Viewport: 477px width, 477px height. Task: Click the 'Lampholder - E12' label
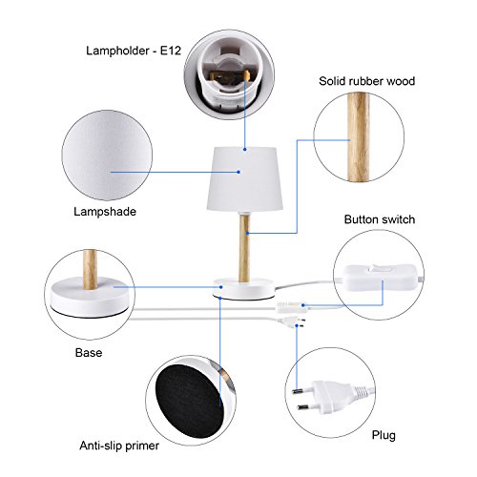[x=134, y=51]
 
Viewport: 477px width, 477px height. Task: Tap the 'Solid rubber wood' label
[x=366, y=81]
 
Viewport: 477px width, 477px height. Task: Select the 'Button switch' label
[x=380, y=219]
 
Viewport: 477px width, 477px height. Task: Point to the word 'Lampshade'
[x=105, y=212]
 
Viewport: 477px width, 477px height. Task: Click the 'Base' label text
[x=89, y=353]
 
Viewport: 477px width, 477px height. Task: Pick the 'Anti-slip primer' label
[x=119, y=446]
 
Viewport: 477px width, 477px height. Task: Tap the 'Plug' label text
[x=384, y=436]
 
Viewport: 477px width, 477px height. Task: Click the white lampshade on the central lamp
[x=244, y=178]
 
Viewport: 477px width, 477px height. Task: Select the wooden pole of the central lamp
[x=244, y=248]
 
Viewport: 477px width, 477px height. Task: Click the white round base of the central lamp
[x=244, y=289]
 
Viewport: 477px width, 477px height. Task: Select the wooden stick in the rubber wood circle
[x=359, y=137]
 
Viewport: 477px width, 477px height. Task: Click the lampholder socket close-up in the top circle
[x=229, y=75]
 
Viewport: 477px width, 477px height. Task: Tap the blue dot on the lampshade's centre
[x=238, y=172]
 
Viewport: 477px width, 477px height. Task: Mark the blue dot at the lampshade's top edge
[x=245, y=149]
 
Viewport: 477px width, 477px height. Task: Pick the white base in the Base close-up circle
[x=90, y=296]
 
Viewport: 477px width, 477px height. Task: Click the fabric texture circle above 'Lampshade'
[x=107, y=156]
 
